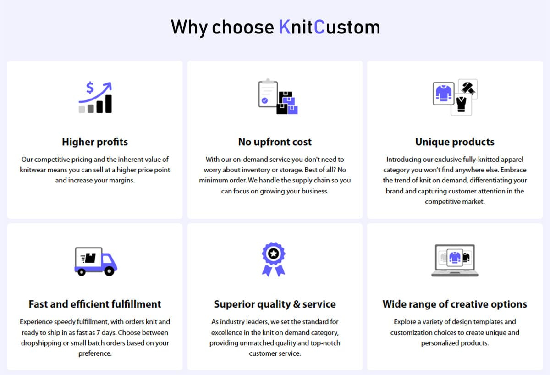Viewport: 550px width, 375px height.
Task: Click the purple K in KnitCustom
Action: [x=285, y=27]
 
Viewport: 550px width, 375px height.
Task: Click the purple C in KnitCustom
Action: [x=319, y=27]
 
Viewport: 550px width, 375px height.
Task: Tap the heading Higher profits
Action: [x=95, y=142]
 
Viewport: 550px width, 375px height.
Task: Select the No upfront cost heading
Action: [x=275, y=142]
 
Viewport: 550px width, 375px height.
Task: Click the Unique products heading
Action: [x=455, y=142]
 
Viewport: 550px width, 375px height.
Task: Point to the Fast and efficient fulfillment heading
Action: [x=95, y=304]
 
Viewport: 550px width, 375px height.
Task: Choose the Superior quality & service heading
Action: [x=275, y=304]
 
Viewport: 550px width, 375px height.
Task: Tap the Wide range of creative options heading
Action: [x=455, y=304]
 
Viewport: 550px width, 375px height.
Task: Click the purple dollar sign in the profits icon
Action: [x=90, y=88]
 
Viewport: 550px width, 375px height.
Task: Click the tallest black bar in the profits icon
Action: [x=109, y=104]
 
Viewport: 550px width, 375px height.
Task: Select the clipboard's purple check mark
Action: [x=265, y=100]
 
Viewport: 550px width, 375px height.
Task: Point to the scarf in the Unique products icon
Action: [x=468, y=88]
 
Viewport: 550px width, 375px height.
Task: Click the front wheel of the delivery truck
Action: [x=109, y=271]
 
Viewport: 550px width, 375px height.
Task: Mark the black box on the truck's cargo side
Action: [x=90, y=258]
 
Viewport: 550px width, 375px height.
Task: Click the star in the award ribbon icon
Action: [x=273, y=253]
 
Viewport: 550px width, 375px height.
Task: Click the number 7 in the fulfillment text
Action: [x=98, y=332]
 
